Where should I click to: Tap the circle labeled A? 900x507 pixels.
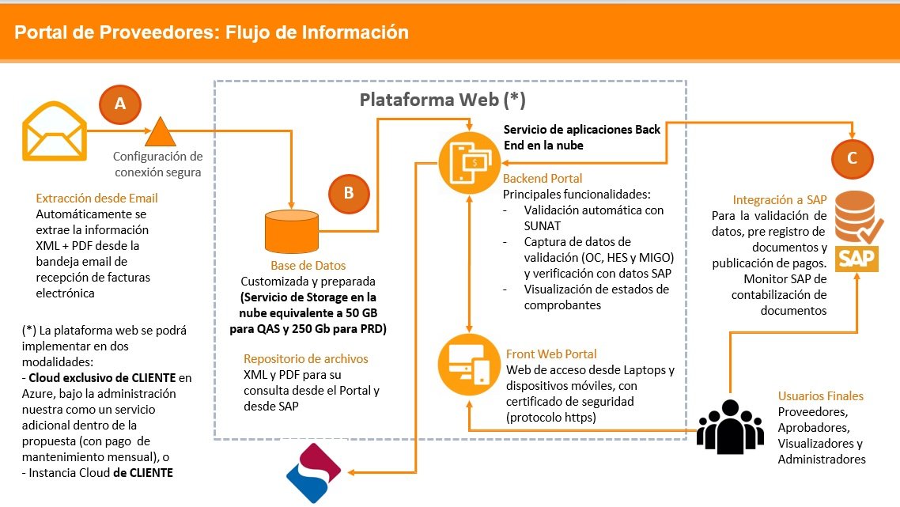coord(120,104)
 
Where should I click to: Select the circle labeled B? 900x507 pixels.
coord(349,193)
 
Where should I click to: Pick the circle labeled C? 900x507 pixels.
coord(851,158)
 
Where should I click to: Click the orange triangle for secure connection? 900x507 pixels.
coord(160,132)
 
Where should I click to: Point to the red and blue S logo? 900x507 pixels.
coord(313,473)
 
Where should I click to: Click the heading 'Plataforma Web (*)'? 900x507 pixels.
coord(442,100)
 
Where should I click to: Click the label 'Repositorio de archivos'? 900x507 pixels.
coord(306,359)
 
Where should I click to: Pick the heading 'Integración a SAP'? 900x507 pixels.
coord(780,200)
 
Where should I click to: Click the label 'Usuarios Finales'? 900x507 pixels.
coord(821,395)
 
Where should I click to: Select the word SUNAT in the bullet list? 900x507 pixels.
coord(542,225)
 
